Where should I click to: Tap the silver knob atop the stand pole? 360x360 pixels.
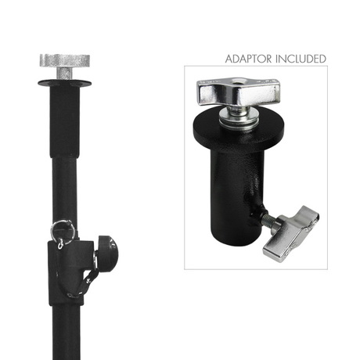(65, 60)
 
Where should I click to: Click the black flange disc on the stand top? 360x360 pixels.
(64, 83)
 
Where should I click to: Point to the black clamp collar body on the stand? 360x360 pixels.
(70, 272)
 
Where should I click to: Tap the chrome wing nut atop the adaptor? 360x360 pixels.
(238, 91)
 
